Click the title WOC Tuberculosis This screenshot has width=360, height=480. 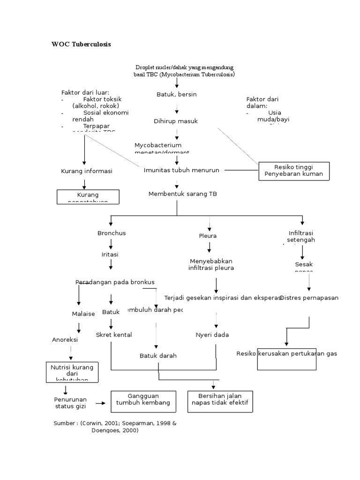click(81, 45)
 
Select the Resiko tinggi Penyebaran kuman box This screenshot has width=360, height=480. click(294, 171)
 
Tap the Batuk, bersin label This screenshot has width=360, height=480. click(176, 94)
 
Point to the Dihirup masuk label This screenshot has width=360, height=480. click(176, 121)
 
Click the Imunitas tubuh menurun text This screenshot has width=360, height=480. click(181, 170)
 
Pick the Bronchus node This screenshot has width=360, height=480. click(112, 233)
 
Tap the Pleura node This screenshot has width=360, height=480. click(208, 236)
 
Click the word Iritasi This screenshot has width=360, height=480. click(110, 254)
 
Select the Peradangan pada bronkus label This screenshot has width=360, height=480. click(115, 282)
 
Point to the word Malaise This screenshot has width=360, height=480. click(83, 314)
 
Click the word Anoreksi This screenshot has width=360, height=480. click(65, 339)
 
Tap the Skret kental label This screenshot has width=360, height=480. click(114, 334)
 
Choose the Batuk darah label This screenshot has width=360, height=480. click(158, 355)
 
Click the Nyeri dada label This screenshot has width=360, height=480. click(212, 334)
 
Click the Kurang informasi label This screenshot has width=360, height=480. click(87, 171)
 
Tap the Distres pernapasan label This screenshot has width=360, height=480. click(309, 298)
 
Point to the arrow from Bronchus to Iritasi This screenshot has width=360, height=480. click(111, 244)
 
